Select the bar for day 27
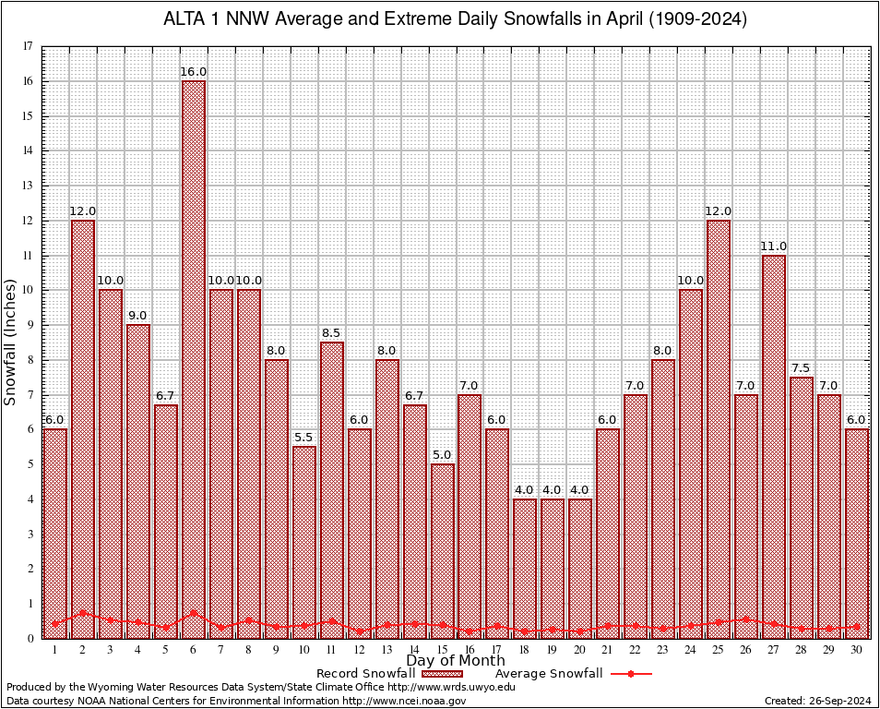tap(774, 443)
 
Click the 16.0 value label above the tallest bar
tap(194, 72)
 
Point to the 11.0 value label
tap(774, 246)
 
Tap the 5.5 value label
tap(304, 437)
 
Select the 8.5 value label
tap(332, 332)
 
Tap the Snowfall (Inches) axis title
tap(11, 342)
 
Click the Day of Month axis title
tap(456, 661)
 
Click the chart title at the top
tap(455, 19)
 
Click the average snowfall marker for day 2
tap(83, 612)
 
